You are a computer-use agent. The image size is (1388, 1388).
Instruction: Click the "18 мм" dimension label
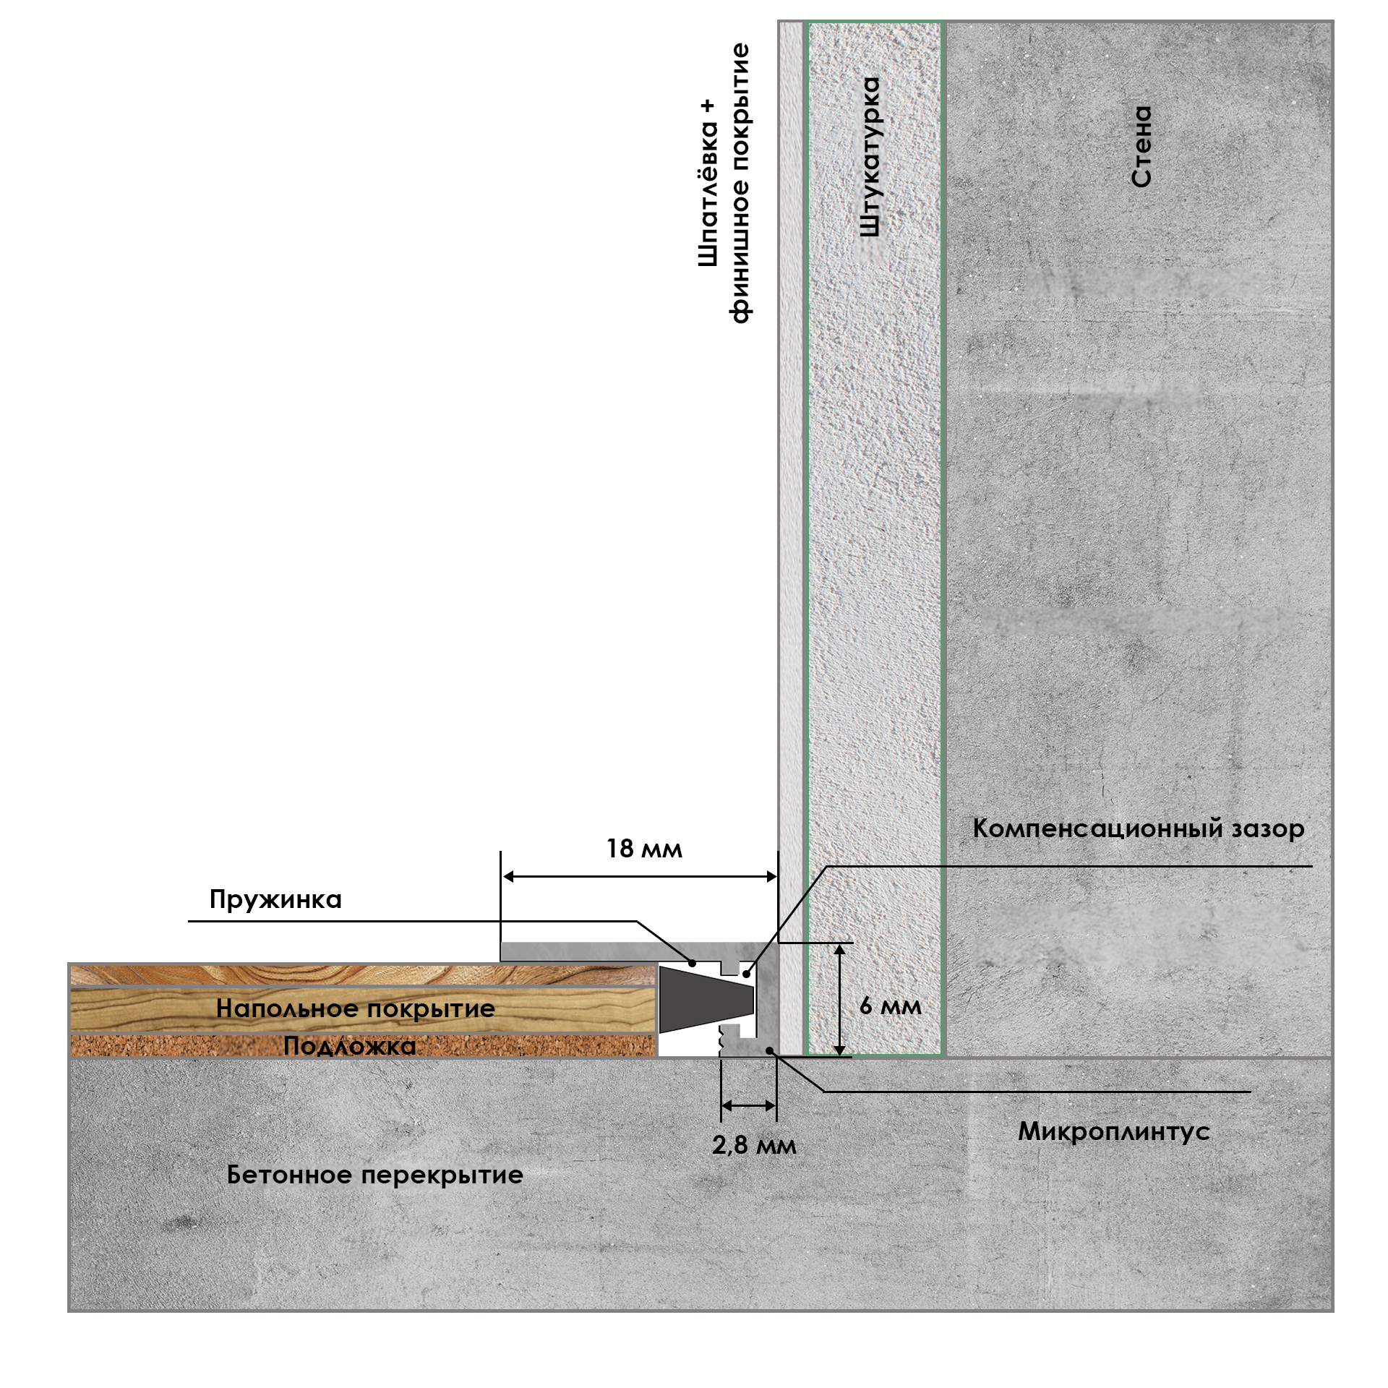tap(643, 849)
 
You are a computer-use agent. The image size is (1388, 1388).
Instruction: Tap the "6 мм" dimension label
tap(891, 1006)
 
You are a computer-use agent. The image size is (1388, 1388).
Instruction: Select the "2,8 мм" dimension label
tap(754, 1145)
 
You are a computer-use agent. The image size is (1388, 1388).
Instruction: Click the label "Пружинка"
tap(275, 899)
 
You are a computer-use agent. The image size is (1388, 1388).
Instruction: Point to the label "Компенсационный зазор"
tap(1138, 828)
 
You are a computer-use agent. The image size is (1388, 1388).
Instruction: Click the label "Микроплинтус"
tap(1114, 1131)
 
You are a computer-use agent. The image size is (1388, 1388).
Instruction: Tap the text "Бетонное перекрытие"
tap(374, 1175)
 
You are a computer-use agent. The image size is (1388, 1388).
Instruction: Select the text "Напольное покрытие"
tap(356, 1008)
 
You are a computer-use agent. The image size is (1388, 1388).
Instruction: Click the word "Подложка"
tap(350, 1045)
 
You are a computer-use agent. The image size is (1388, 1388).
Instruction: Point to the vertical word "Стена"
tap(1141, 147)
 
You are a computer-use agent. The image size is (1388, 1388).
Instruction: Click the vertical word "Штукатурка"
tap(870, 157)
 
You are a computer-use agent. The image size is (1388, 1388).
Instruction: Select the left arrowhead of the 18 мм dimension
tap(509, 877)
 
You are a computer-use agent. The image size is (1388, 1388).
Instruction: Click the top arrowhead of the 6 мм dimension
tap(839, 949)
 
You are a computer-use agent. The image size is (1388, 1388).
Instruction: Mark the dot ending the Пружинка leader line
tap(692, 963)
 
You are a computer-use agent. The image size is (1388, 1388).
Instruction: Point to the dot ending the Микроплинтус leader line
tap(771, 1050)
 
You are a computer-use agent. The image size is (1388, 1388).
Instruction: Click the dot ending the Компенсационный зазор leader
tap(746, 974)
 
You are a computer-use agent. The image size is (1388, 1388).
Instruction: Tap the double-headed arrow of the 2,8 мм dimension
tap(748, 1105)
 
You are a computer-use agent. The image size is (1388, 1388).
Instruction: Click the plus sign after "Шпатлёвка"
tap(708, 106)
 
